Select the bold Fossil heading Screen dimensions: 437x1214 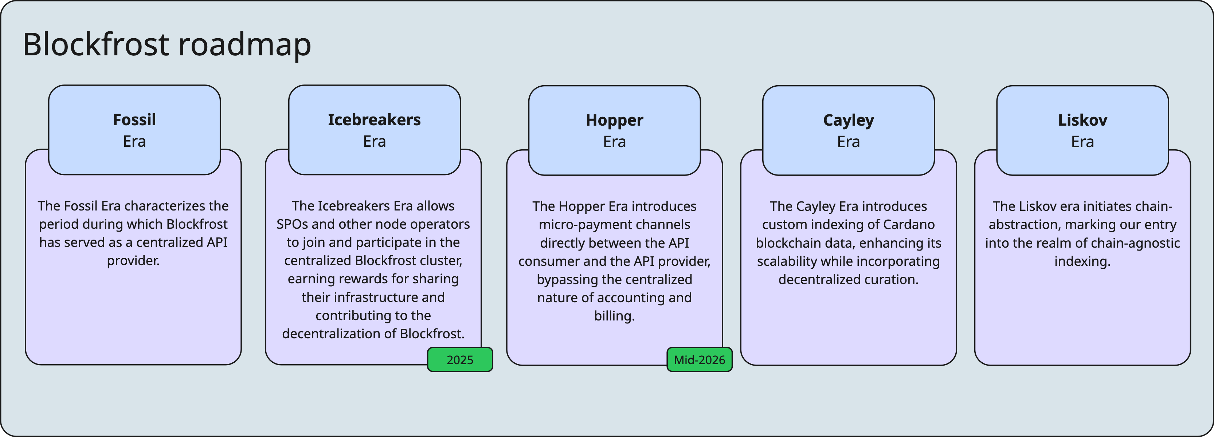(x=134, y=119)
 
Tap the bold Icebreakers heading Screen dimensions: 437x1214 (x=374, y=119)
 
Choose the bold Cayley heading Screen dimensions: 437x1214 (x=848, y=120)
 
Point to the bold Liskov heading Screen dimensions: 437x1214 (x=1082, y=120)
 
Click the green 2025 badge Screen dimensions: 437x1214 (x=460, y=360)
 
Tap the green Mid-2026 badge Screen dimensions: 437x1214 (x=700, y=360)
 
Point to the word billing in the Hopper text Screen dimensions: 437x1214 (x=613, y=316)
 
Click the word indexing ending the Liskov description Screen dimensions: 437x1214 (x=1082, y=261)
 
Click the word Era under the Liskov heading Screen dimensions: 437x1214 (x=1082, y=142)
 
